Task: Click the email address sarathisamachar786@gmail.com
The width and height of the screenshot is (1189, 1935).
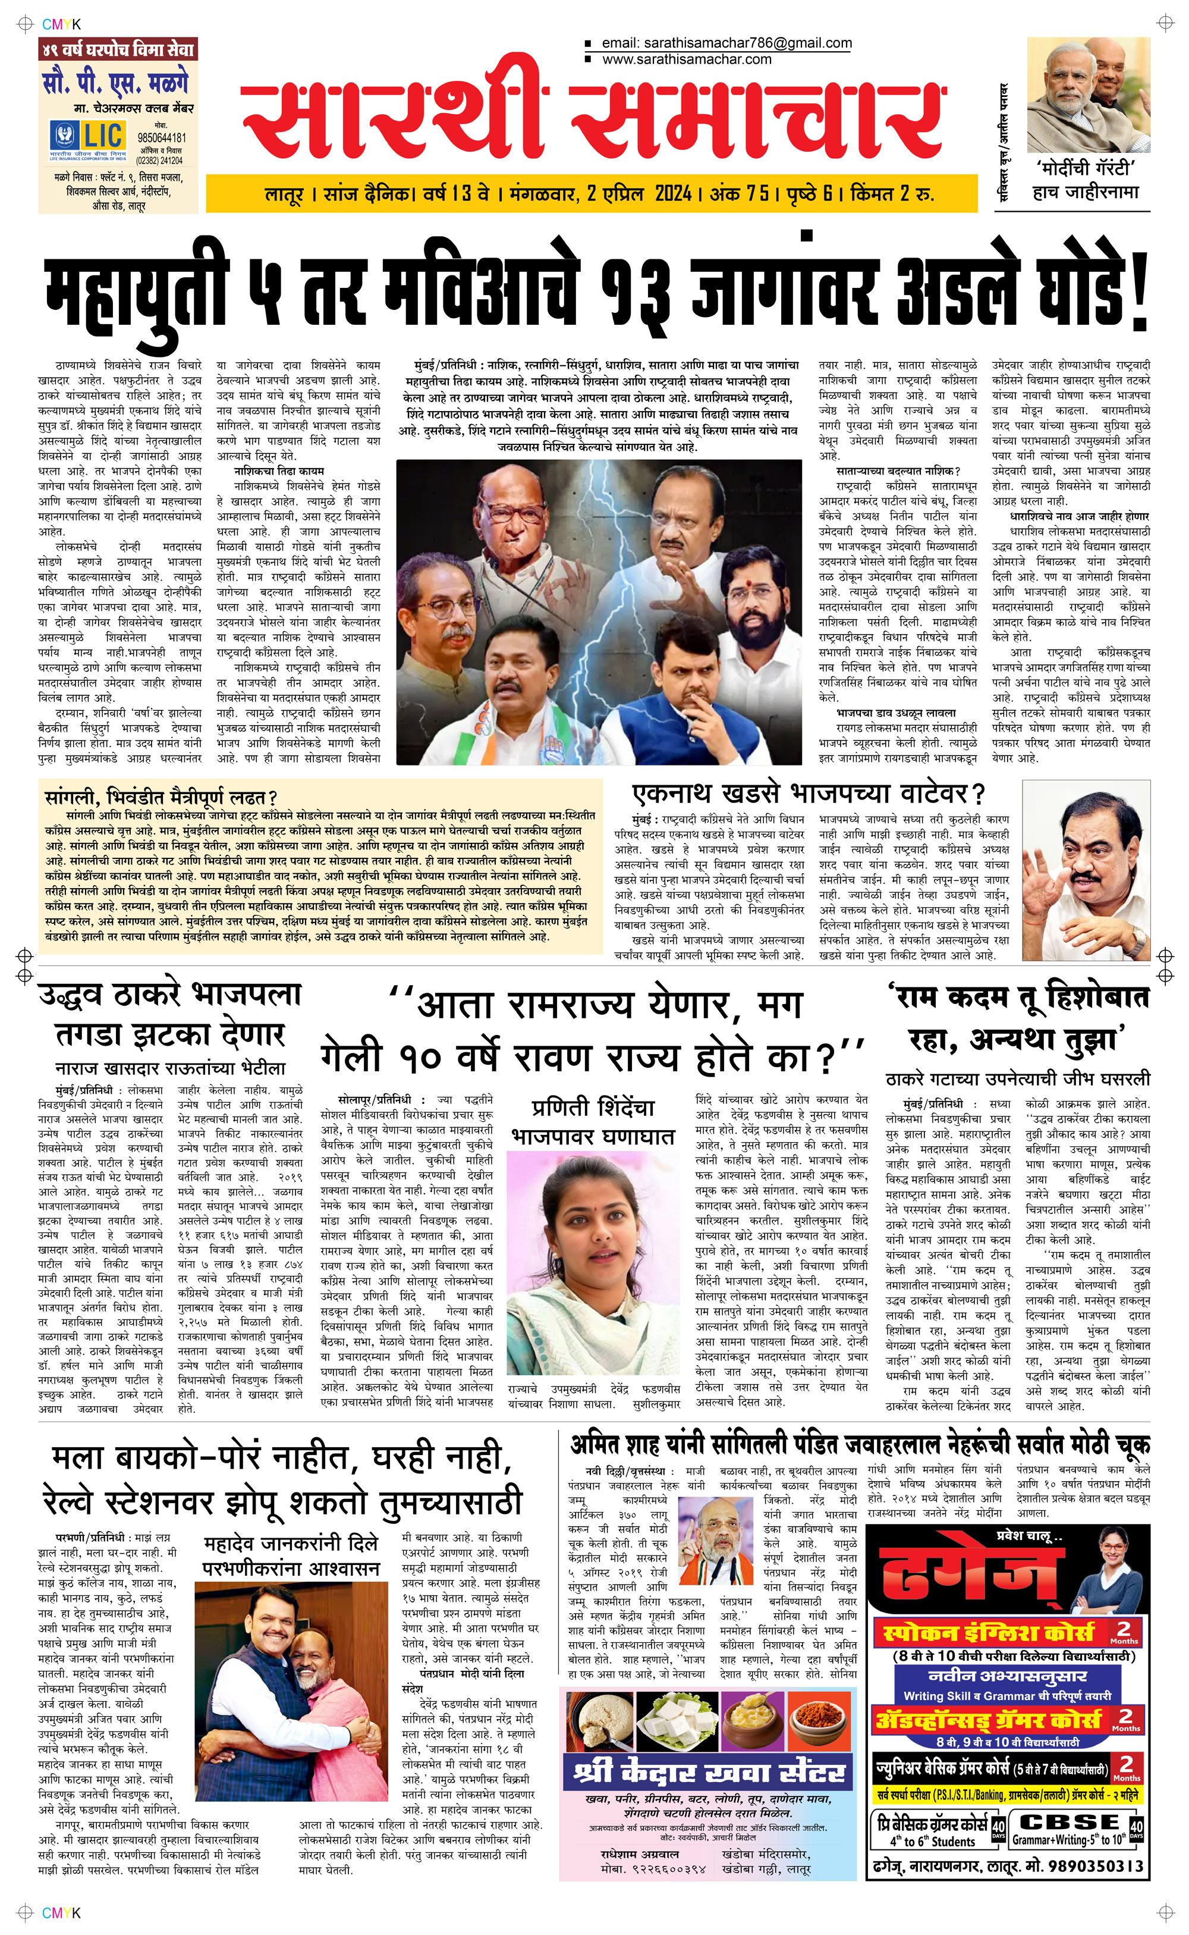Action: tap(726, 43)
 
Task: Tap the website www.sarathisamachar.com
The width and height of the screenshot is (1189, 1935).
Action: tap(687, 59)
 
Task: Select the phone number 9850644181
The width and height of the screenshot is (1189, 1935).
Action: tap(161, 137)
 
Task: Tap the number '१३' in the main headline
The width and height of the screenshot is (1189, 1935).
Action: tap(634, 295)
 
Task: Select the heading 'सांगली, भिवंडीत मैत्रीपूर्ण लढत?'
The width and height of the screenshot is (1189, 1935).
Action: tap(161, 797)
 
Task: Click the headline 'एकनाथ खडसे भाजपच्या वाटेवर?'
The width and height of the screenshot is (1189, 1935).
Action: tap(809, 794)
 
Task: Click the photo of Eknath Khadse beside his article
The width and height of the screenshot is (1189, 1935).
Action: tap(1085, 869)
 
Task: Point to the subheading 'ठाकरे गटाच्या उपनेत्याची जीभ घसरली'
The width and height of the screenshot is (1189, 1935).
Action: tap(1017, 1078)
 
